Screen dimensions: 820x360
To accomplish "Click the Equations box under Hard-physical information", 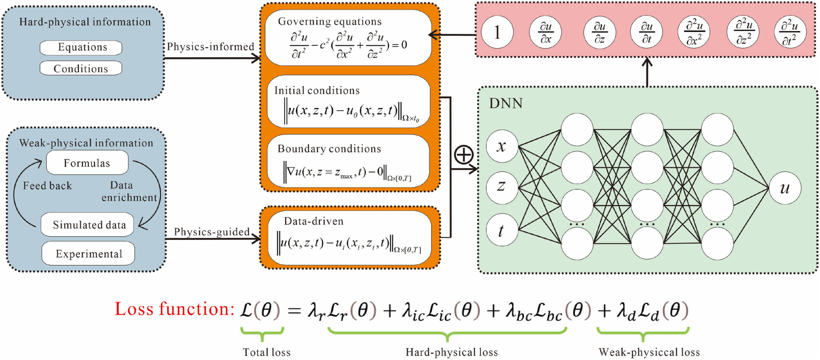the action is (x=81, y=48).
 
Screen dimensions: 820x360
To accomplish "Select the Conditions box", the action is (x=81, y=68).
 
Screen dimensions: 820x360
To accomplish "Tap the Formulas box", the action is (x=87, y=163).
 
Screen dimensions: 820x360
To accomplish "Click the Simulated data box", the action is (x=87, y=225).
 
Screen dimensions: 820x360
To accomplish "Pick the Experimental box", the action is (x=88, y=254).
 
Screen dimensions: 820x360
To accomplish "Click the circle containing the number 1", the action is (x=497, y=32).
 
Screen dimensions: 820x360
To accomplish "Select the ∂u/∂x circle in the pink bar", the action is (x=546, y=32).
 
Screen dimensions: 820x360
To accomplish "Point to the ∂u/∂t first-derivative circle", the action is (x=647, y=32).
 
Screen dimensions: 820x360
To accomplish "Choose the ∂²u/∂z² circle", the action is (x=743, y=32).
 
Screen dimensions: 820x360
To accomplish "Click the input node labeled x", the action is (x=502, y=146).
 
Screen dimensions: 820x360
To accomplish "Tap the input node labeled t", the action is (x=502, y=230).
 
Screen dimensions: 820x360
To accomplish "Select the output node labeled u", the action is (x=785, y=188).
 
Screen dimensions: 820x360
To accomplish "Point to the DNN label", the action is (x=506, y=103).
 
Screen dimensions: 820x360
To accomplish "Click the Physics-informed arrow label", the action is (x=210, y=47).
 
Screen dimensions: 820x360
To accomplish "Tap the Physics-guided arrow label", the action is (x=211, y=232).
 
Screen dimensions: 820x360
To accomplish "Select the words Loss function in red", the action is (x=175, y=309).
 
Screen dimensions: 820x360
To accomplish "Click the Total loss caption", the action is (x=266, y=352).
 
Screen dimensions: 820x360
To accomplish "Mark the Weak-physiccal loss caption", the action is (x=649, y=352).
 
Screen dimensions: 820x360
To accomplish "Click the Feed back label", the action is (x=47, y=186).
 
